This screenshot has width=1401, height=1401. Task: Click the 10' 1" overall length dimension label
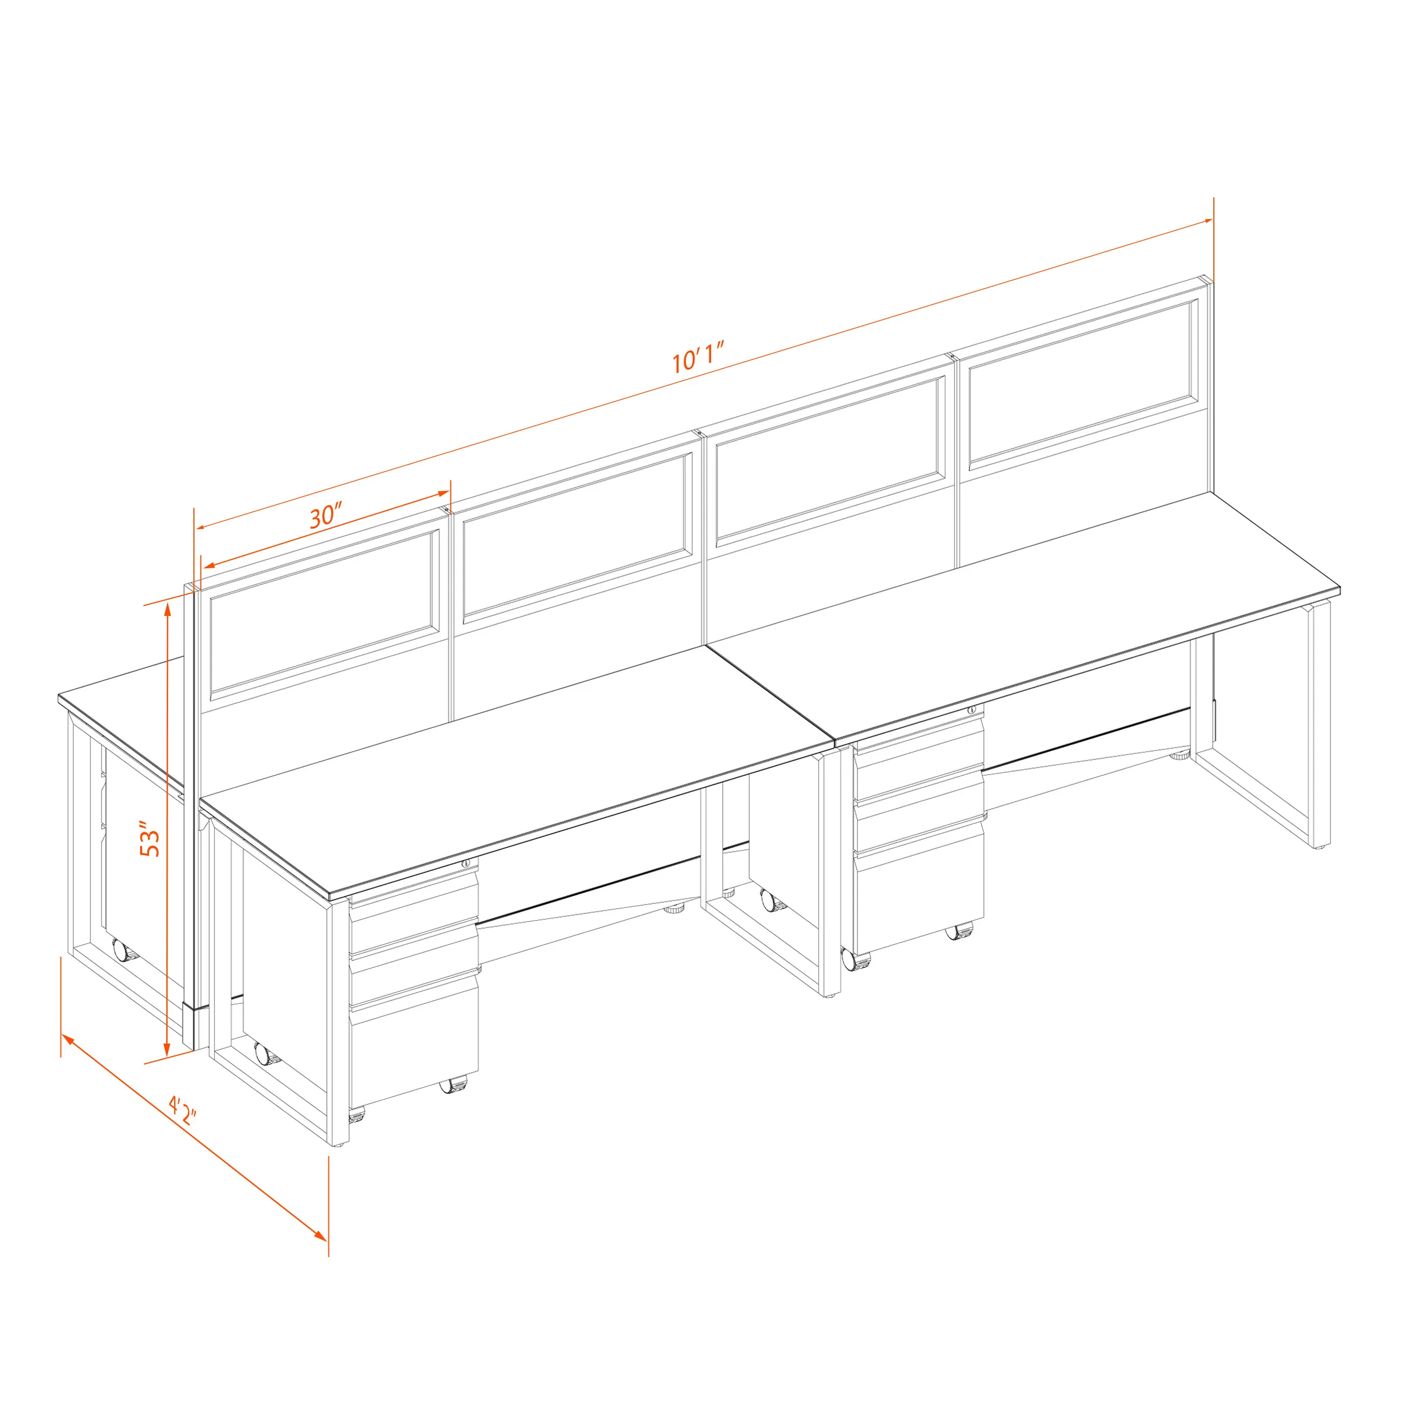[x=698, y=358]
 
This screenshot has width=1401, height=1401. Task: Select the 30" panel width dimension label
[x=326, y=515]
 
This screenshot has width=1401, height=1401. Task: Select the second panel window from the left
[x=577, y=538]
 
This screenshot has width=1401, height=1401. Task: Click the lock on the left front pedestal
[x=466, y=863]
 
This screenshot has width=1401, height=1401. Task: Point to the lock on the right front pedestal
[x=972, y=709]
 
